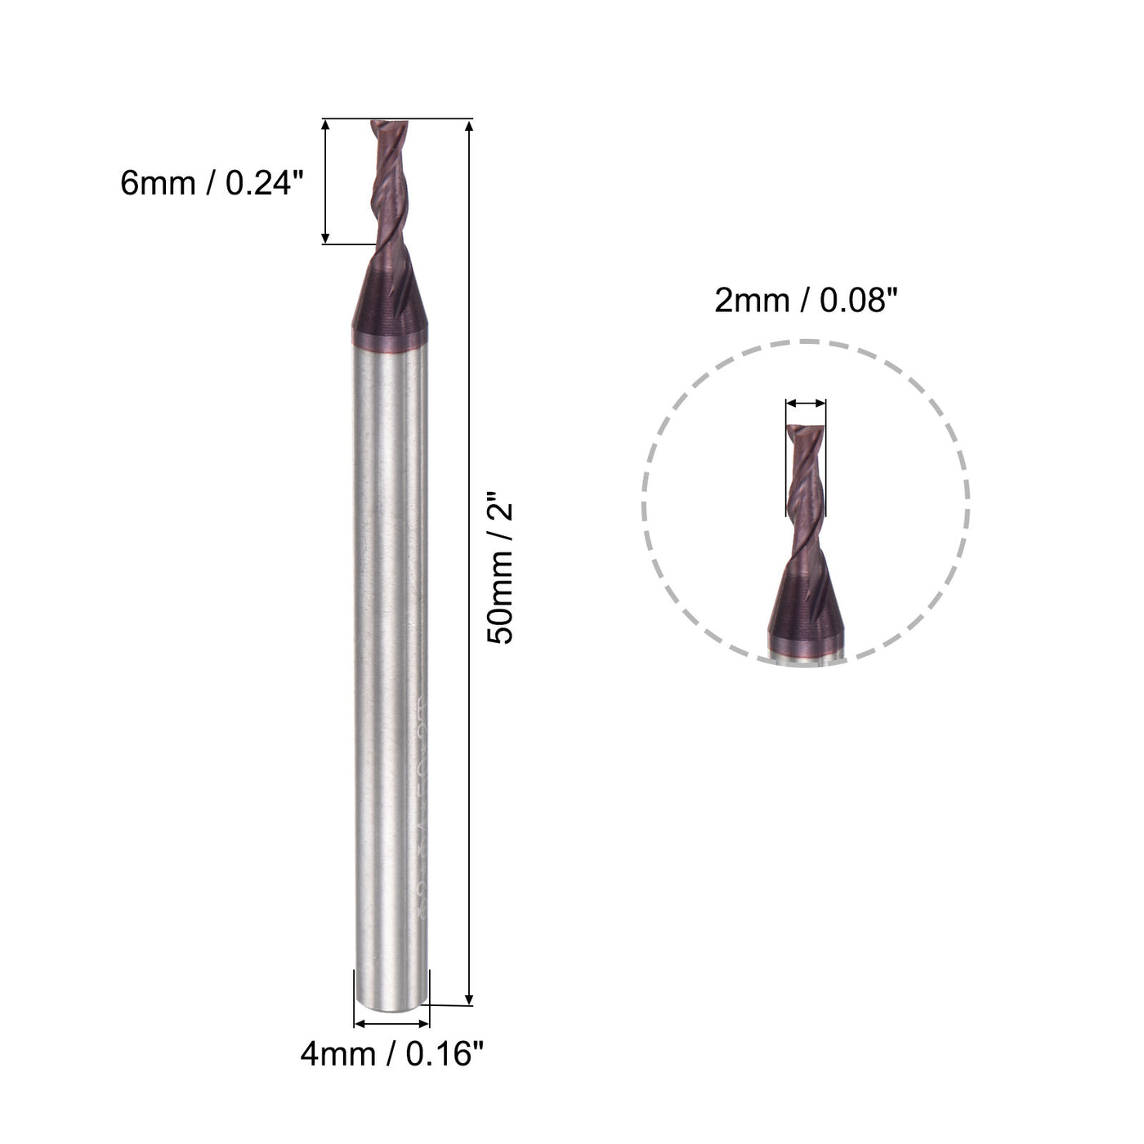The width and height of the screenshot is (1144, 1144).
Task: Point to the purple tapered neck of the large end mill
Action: click(390, 302)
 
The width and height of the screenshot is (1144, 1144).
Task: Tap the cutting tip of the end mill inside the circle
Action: click(805, 430)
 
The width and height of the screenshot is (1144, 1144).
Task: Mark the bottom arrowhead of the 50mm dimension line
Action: click(469, 999)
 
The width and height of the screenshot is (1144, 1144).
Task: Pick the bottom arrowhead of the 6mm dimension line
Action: click(326, 238)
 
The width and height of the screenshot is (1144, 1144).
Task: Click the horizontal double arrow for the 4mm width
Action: click(391, 1024)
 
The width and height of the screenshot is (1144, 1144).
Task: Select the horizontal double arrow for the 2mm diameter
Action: click(805, 403)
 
